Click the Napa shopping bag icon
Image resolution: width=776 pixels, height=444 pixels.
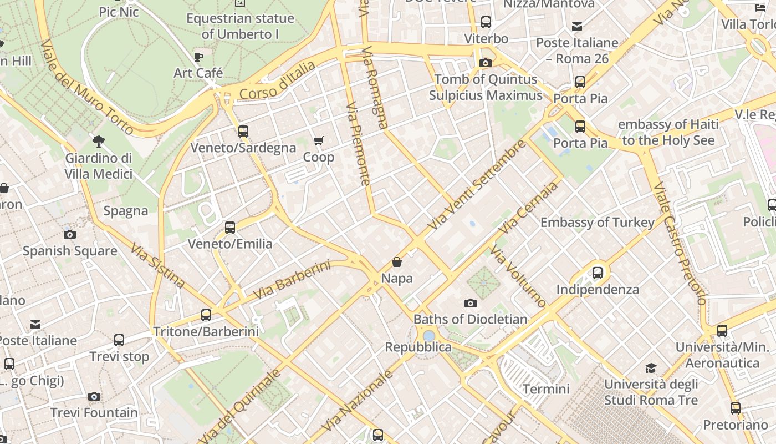point(397,261)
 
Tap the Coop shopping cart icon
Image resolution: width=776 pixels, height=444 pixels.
point(318,141)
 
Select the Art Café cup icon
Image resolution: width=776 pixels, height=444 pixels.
point(198,57)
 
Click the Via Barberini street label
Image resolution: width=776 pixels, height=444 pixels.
point(292,280)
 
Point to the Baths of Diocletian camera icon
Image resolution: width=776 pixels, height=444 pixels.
point(471,303)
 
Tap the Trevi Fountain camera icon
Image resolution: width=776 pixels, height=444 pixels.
point(94,396)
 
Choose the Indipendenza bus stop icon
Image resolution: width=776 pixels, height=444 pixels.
point(598,273)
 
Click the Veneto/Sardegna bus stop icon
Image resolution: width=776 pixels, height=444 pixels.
point(243,132)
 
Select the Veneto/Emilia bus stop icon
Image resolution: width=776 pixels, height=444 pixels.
point(230,228)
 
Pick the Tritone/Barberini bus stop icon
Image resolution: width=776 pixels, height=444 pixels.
point(206,315)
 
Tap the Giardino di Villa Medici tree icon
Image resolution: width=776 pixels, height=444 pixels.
point(99,142)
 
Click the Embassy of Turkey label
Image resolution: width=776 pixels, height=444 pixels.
point(598,223)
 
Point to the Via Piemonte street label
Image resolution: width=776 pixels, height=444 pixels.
point(358,143)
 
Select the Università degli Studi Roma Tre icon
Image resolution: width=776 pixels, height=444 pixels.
point(651,368)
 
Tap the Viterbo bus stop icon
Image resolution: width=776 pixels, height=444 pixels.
point(486,22)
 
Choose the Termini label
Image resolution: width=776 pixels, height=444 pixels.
point(546,389)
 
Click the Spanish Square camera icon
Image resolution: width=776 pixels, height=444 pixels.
point(70,234)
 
